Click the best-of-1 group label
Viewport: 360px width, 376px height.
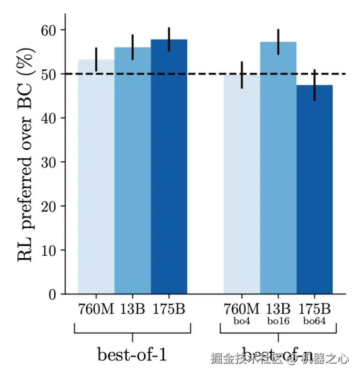click(x=132, y=355)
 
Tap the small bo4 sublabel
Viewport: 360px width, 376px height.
click(x=242, y=320)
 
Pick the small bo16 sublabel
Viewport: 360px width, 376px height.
click(x=278, y=320)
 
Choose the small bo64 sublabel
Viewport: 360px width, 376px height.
click(x=314, y=320)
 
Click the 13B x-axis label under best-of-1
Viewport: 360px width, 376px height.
click(x=132, y=309)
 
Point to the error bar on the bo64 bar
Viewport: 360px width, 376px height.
click(x=314, y=85)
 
